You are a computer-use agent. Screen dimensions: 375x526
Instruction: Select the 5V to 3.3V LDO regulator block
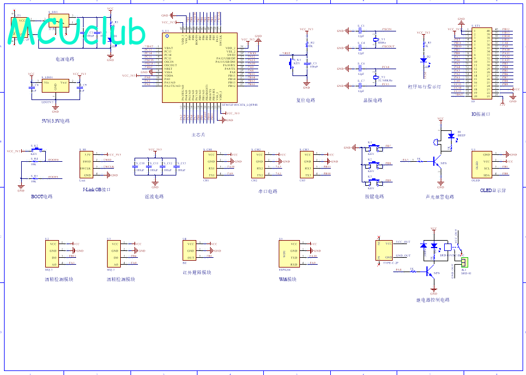(55, 87)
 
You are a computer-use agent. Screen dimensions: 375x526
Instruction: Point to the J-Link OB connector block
(87, 165)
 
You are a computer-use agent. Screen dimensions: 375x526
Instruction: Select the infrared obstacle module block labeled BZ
(189, 250)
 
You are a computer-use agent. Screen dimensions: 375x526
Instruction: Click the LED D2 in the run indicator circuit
(424, 59)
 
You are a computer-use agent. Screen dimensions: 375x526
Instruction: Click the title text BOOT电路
(41, 197)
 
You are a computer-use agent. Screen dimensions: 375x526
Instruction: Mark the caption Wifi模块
(287, 280)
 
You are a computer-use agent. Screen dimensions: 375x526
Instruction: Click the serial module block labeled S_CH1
(212, 165)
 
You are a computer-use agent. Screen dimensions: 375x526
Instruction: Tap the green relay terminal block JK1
(464, 262)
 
